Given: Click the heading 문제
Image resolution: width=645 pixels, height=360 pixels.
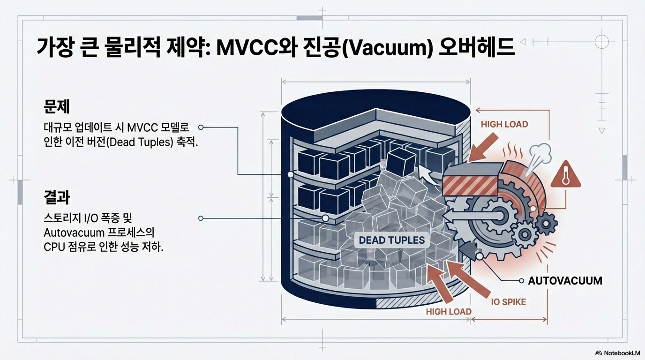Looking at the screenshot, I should pyautogui.click(x=56, y=106).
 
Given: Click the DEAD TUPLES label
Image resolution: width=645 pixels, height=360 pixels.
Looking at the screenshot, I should pyautogui.click(x=391, y=240).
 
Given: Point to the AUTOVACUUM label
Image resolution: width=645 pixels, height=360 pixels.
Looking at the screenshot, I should pyautogui.click(x=565, y=281).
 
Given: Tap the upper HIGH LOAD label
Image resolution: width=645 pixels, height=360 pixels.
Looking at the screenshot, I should pyautogui.click(x=504, y=124).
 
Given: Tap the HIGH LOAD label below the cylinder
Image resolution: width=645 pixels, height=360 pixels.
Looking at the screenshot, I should pyautogui.click(x=449, y=311).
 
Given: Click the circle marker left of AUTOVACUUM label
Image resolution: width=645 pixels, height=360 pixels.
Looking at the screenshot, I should pyautogui.click(x=521, y=281).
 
